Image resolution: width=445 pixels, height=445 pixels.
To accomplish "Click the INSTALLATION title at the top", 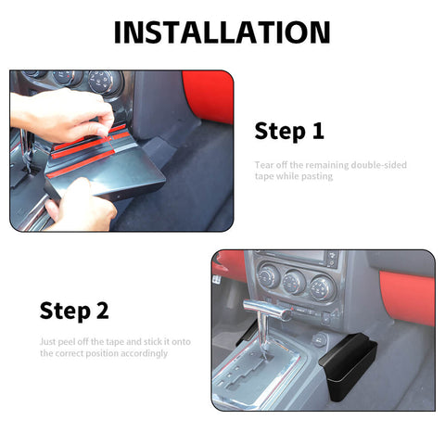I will (x=222, y=32).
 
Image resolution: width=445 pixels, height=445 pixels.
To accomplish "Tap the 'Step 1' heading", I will (x=289, y=131).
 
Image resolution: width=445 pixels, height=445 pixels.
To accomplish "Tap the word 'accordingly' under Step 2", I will (x=146, y=353).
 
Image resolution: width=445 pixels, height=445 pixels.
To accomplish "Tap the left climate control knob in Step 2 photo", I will (x=270, y=277).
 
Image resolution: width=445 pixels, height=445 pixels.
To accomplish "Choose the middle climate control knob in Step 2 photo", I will (x=296, y=282).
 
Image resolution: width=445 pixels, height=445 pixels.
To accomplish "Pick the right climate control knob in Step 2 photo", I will (x=322, y=286).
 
